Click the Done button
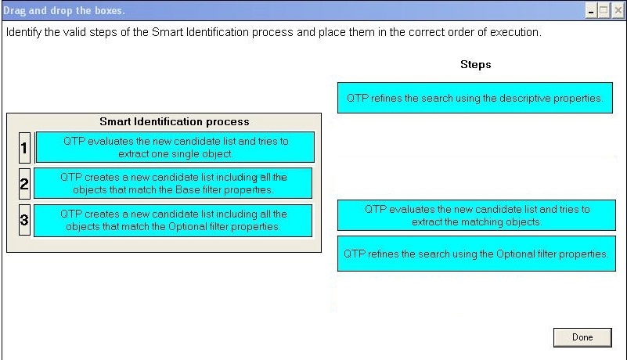[x=582, y=337]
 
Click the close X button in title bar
[x=618, y=10]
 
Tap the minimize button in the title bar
[x=591, y=10]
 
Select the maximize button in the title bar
[x=604, y=10]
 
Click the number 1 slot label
[x=24, y=148]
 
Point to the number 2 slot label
[x=24, y=184]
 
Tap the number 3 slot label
[x=24, y=220]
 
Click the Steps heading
[x=475, y=64]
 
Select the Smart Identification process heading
[x=175, y=121]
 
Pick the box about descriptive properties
[x=475, y=98]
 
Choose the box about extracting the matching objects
[x=477, y=215]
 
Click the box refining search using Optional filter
[x=477, y=254]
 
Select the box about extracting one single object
[x=175, y=147]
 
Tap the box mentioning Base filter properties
[x=173, y=183]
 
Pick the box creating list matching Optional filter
[x=173, y=221]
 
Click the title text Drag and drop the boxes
[x=64, y=11]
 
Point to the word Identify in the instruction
[x=23, y=32]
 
